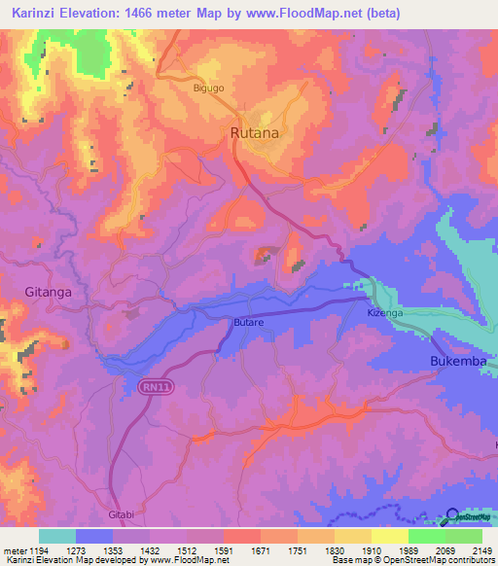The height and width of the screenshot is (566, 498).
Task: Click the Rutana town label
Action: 254,132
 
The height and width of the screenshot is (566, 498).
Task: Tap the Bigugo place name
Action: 208,88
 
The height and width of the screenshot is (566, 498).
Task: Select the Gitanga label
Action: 48,291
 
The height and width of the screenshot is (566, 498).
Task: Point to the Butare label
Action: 249,321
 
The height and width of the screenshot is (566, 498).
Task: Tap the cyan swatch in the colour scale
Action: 57,536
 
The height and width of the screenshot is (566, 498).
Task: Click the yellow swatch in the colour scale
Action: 389,536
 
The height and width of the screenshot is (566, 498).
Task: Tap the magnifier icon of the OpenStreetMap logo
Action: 452,517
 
